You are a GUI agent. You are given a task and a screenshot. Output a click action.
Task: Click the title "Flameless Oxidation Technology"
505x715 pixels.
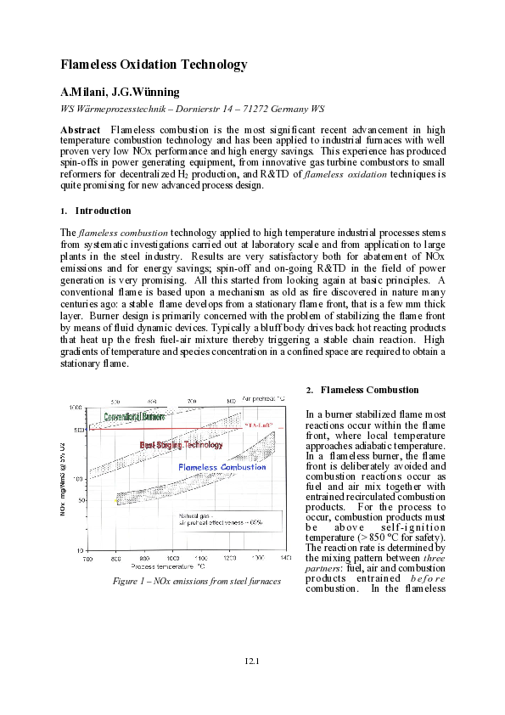point(154,65)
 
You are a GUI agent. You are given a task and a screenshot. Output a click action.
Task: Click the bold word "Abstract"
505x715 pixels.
point(81,129)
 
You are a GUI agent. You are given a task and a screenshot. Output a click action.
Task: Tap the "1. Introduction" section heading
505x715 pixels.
point(95,211)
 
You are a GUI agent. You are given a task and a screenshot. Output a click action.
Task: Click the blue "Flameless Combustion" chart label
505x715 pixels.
point(222,467)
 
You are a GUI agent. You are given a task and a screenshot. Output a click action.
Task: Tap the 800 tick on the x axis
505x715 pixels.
point(116,559)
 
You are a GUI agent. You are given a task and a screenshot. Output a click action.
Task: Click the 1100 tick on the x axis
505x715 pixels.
point(201,559)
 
